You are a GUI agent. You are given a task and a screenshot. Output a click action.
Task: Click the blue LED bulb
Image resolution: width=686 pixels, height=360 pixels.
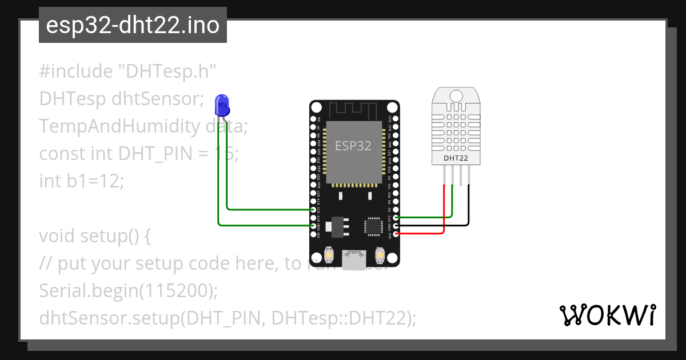click(221, 104)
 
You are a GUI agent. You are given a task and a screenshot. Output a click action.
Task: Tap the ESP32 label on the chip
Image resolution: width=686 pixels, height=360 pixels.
click(353, 146)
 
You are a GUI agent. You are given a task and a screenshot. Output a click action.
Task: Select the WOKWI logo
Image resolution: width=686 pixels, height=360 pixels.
click(607, 315)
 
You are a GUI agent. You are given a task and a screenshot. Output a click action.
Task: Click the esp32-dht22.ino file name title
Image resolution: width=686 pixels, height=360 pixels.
click(133, 25)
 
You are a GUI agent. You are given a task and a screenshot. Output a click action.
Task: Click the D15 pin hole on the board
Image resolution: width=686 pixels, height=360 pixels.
click(396, 218)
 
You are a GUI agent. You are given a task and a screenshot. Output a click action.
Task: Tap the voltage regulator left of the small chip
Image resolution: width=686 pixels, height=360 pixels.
click(337, 226)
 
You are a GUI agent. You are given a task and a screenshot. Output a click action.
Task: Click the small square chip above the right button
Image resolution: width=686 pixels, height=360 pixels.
click(374, 226)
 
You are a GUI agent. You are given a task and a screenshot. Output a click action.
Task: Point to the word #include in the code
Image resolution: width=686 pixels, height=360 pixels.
click(76, 72)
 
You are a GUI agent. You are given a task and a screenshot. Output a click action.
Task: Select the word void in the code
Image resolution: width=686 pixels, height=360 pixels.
click(57, 236)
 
